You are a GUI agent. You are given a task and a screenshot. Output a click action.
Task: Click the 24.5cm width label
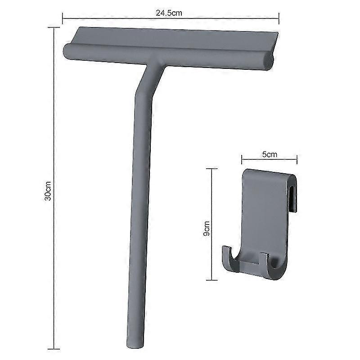[x=169, y=13]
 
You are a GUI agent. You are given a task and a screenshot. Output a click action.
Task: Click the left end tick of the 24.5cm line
[x=63, y=18]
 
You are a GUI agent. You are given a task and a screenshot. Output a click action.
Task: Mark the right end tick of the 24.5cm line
[x=279, y=18]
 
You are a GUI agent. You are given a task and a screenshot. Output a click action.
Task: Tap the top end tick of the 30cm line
[x=54, y=28]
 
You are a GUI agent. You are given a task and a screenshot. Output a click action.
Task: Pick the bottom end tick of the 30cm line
[x=54, y=348]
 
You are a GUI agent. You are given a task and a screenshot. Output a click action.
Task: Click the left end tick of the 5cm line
[x=242, y=158]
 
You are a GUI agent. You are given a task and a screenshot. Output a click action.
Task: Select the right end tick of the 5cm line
[x=297, y=158]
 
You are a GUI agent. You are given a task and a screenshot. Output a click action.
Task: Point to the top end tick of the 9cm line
[x=212, y=169]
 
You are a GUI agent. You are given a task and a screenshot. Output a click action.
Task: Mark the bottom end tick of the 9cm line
[x=212, y=280]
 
